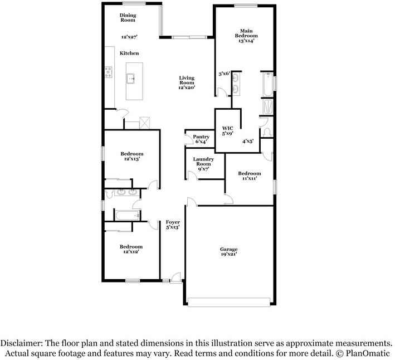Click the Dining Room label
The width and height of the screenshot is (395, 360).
pos(128,17)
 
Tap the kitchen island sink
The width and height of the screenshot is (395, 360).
pos(132,78)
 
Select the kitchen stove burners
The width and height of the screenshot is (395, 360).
pos(108,72)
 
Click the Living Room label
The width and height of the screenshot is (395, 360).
pos(186,81)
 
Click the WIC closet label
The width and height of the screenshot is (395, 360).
pos(227,128)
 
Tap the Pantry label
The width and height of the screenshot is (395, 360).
pos(201,137)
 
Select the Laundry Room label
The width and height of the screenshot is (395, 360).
pos(203,162)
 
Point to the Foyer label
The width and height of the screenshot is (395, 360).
pos(172,222)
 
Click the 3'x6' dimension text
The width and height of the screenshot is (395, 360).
pos(223,73)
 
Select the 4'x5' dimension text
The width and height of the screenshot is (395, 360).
pos(248,141)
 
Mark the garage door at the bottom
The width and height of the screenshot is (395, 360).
pos(228,302)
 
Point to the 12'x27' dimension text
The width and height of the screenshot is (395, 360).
pos(130,37)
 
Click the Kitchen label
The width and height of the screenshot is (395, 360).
pos(129,53)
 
